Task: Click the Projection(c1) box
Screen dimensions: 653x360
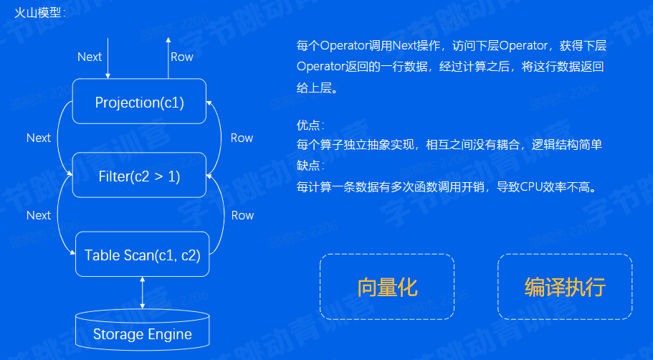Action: pos(140,103)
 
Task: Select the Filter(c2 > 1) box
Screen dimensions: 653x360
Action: pos(140,175)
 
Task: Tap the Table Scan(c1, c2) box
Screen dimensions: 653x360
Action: pos(142,255)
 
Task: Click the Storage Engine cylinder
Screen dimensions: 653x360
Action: pos(143,333)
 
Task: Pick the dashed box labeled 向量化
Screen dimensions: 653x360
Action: pos(387,287)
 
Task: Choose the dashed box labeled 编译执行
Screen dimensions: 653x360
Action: pos(565,287)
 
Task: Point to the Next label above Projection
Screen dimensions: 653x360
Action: pos(90,57)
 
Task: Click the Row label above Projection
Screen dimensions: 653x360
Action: pos(182,57)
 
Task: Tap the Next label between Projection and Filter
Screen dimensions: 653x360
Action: pos(39,138)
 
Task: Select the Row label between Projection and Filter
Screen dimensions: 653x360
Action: pos(242,138)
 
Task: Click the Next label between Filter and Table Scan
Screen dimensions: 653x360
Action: pos(39,215)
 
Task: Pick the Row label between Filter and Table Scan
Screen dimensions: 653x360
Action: pos(242,215)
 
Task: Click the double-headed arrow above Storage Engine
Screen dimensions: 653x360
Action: pos(143,293)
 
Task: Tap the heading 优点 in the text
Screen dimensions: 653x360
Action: pos(309,125)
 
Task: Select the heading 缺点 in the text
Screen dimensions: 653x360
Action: pos(309,164)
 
